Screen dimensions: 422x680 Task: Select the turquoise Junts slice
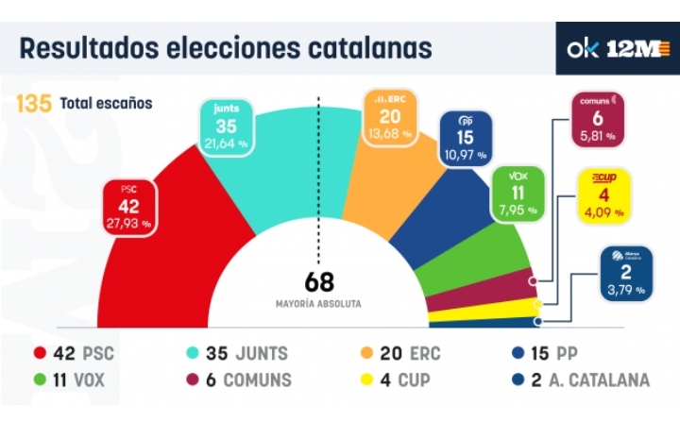click(274, 160)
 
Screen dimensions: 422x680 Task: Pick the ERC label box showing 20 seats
click(389, 116)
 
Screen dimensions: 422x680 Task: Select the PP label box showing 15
click(465, 137)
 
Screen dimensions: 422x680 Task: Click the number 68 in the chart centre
click(319, 282)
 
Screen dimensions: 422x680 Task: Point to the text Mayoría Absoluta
click(319, 304)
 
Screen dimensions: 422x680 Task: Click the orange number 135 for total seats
click(34, 103)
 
